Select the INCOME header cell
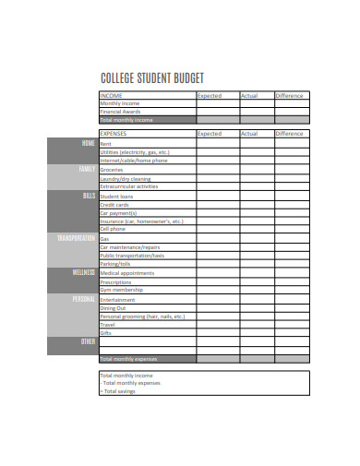112,95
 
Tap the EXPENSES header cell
114,134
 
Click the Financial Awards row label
119,112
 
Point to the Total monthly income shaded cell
127,120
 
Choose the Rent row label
105,144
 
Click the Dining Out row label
114,307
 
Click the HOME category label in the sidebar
88,144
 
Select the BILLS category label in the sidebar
89,196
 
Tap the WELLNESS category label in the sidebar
83,273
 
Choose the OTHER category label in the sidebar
88,341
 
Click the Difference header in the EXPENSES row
290,134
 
